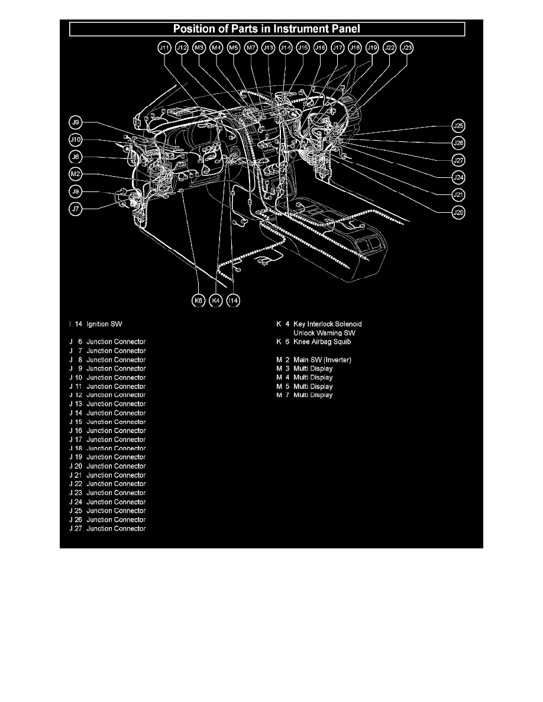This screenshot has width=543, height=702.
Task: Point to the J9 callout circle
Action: pos(75,123)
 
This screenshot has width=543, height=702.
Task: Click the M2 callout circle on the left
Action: pos(75,174)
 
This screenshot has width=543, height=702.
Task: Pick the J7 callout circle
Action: pos(75,209)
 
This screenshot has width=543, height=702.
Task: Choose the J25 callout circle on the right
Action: pos(458,125)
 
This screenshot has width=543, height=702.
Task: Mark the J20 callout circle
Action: pos(458,212)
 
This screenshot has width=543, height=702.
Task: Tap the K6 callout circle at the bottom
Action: pos(199,301)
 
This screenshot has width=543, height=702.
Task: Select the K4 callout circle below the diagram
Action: pos(216,301)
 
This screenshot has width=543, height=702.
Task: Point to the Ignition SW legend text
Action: pos(104,324)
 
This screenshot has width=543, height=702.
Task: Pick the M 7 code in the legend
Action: pos(282,395)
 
